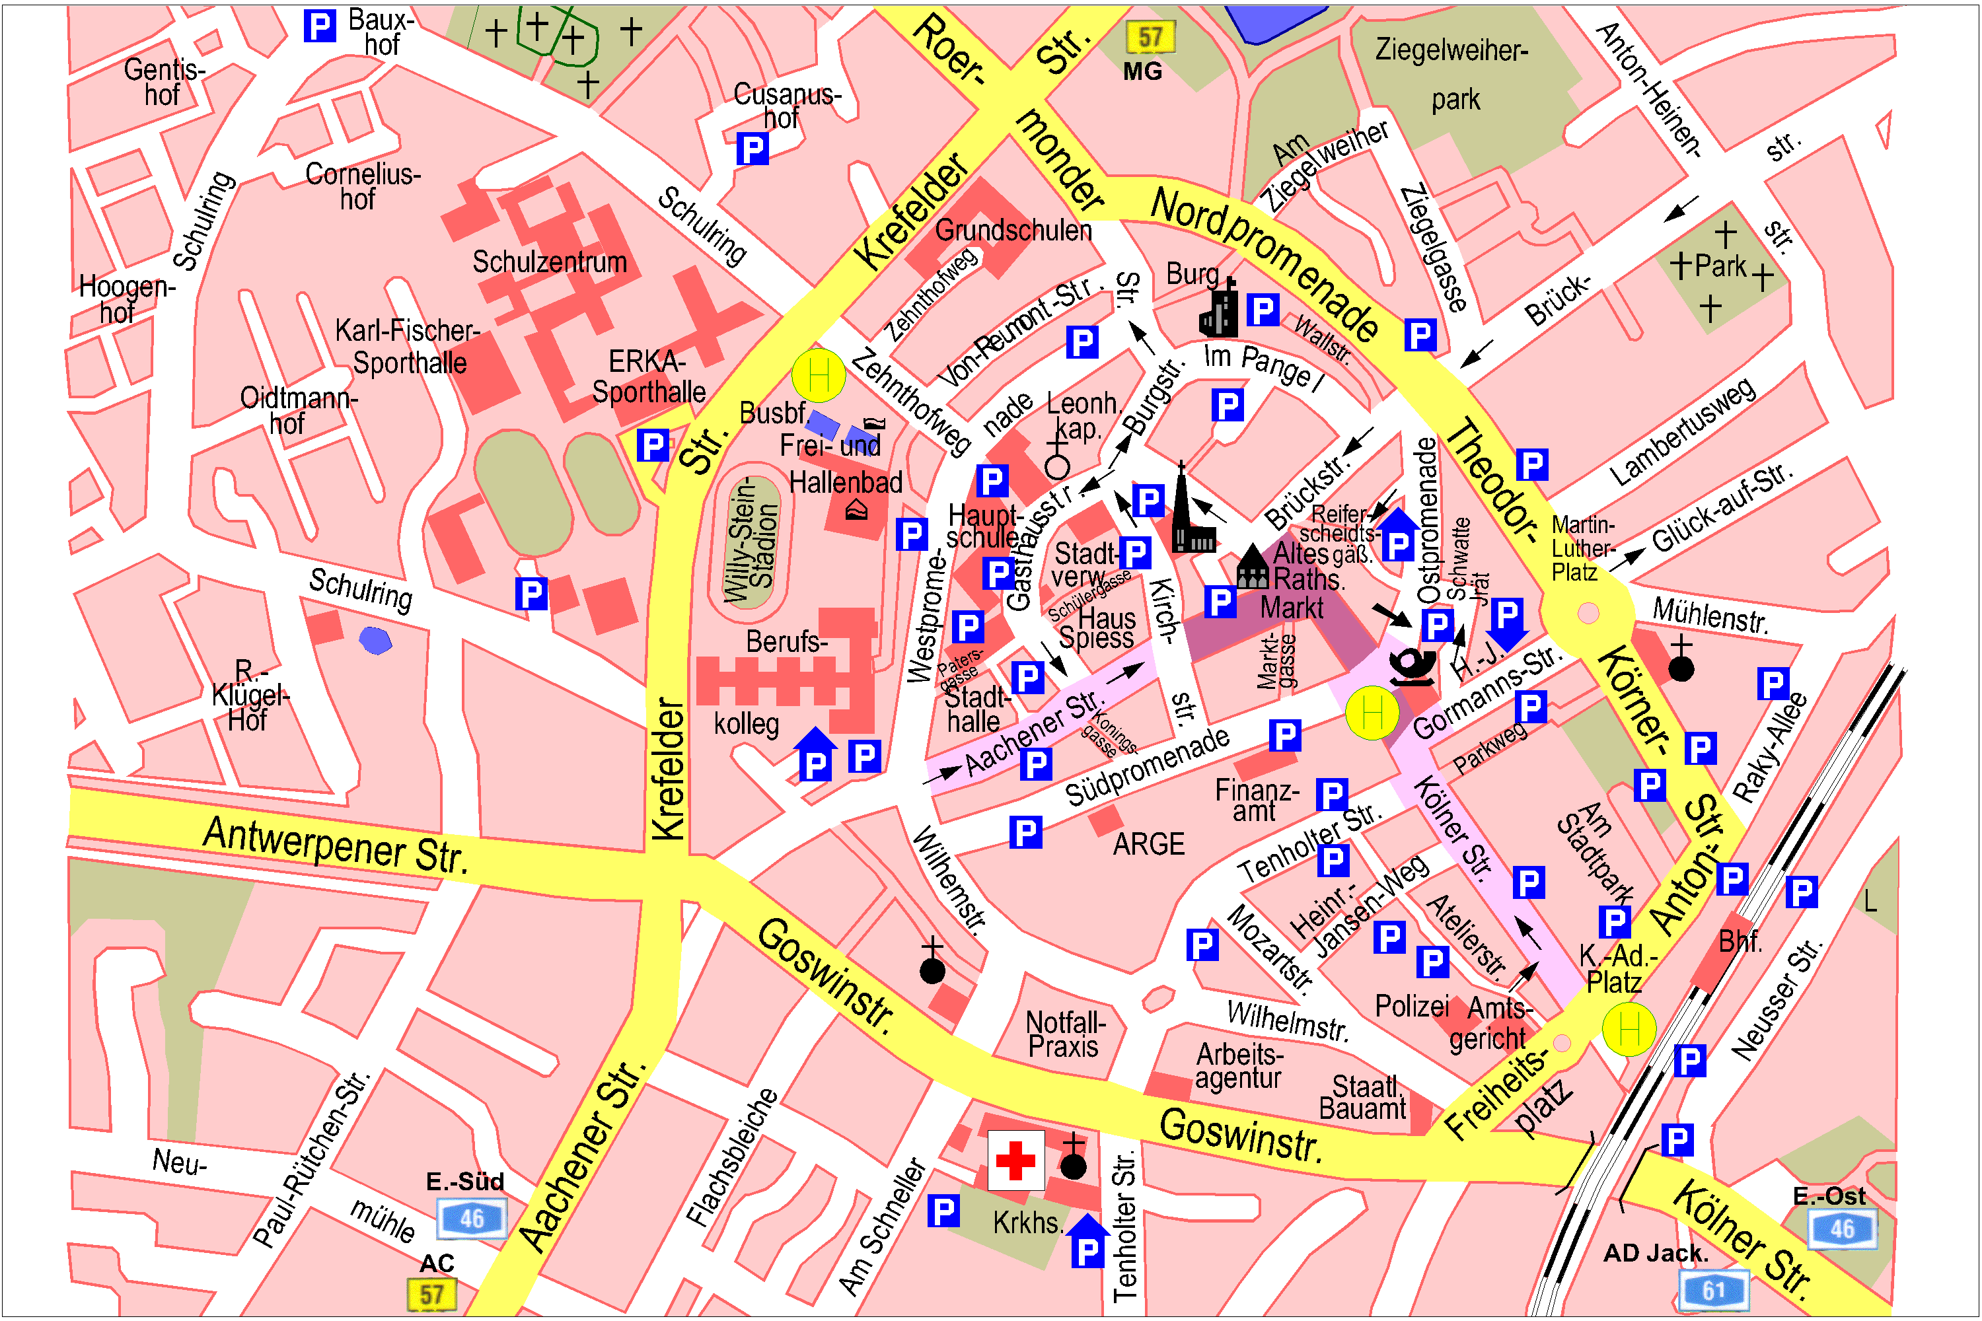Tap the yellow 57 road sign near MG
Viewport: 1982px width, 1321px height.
[1150, 37]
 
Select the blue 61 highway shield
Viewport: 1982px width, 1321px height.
[1713, 1290]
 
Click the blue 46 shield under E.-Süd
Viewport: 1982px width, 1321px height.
[471, 1218]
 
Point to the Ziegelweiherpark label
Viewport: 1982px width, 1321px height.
[1451, 74]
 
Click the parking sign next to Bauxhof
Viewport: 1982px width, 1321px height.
[319, 26]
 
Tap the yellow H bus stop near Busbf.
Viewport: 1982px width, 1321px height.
[817, 375]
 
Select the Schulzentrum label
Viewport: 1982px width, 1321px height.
[550, 262]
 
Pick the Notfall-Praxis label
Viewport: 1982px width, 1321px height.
[1064, 1034]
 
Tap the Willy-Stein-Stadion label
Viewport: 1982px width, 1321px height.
[751, 540]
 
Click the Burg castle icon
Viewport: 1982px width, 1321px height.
[1220, 309]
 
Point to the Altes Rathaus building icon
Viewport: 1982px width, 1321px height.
[1252, 567]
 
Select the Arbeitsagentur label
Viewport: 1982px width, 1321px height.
[1239, 1067]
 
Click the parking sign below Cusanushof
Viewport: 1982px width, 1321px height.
[752, 149]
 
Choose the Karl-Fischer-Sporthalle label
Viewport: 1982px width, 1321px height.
[408, 346]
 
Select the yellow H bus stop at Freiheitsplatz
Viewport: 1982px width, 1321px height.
[1628, 1028]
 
